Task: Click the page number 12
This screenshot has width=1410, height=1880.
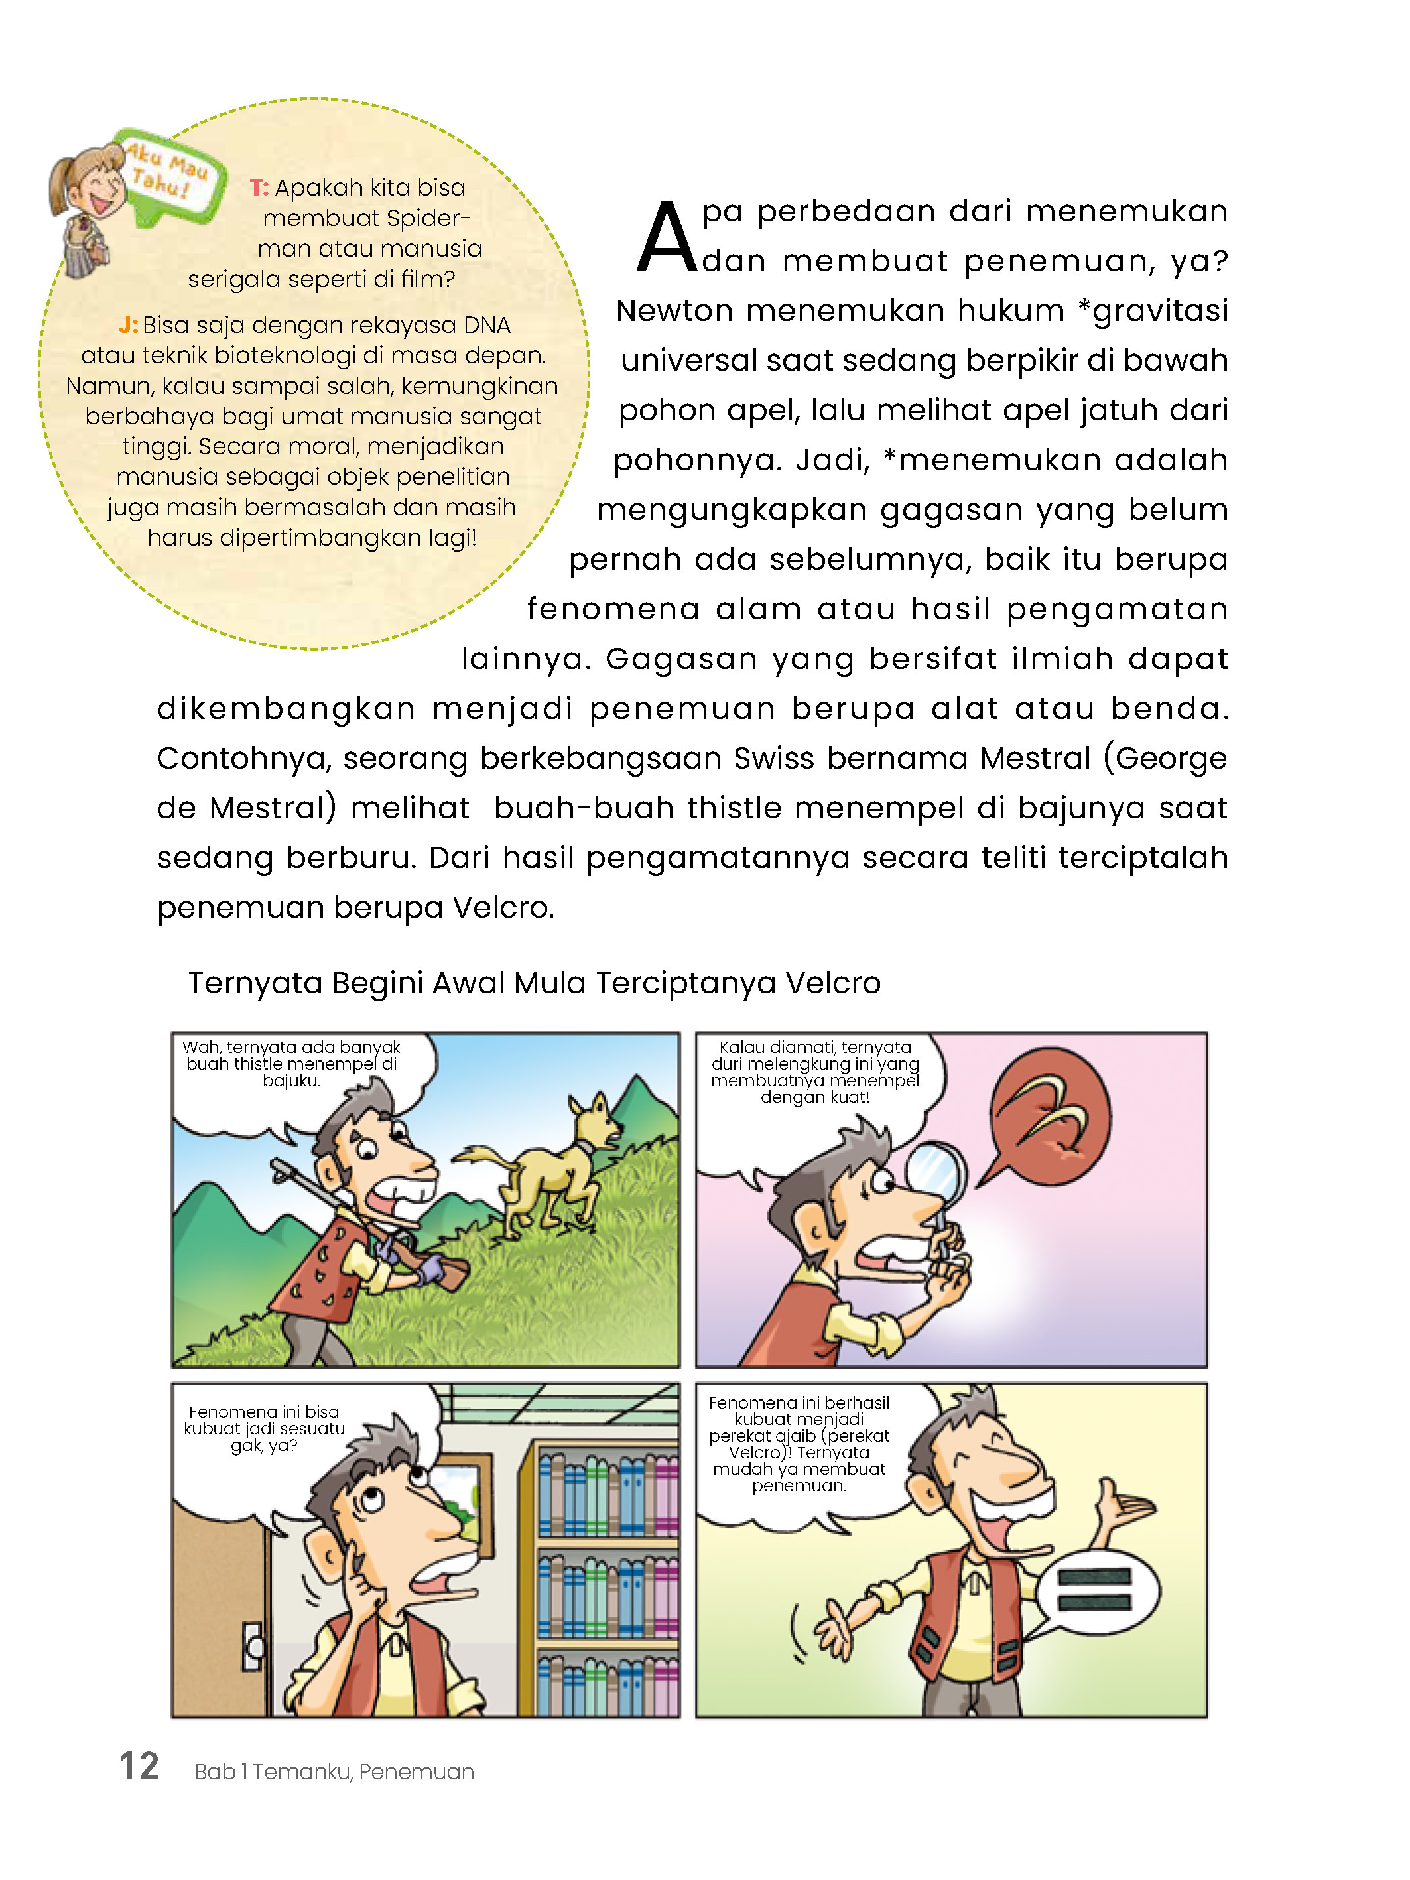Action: (x=139, y=1766)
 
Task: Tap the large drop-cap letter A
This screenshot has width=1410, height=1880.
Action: (x=667, y=239)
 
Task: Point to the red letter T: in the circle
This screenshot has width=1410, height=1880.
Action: (x=259, y=188)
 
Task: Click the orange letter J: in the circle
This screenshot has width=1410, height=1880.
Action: (x=127, y=325)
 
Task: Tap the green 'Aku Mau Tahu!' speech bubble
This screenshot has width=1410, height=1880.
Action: (x=170, y=174)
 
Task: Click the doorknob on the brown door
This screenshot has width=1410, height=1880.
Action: (x=254, y=1647)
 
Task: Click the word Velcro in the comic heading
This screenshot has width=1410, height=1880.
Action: (x=832, y=983)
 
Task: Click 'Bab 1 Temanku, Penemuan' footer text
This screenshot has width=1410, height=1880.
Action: (x=334, y=1771)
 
